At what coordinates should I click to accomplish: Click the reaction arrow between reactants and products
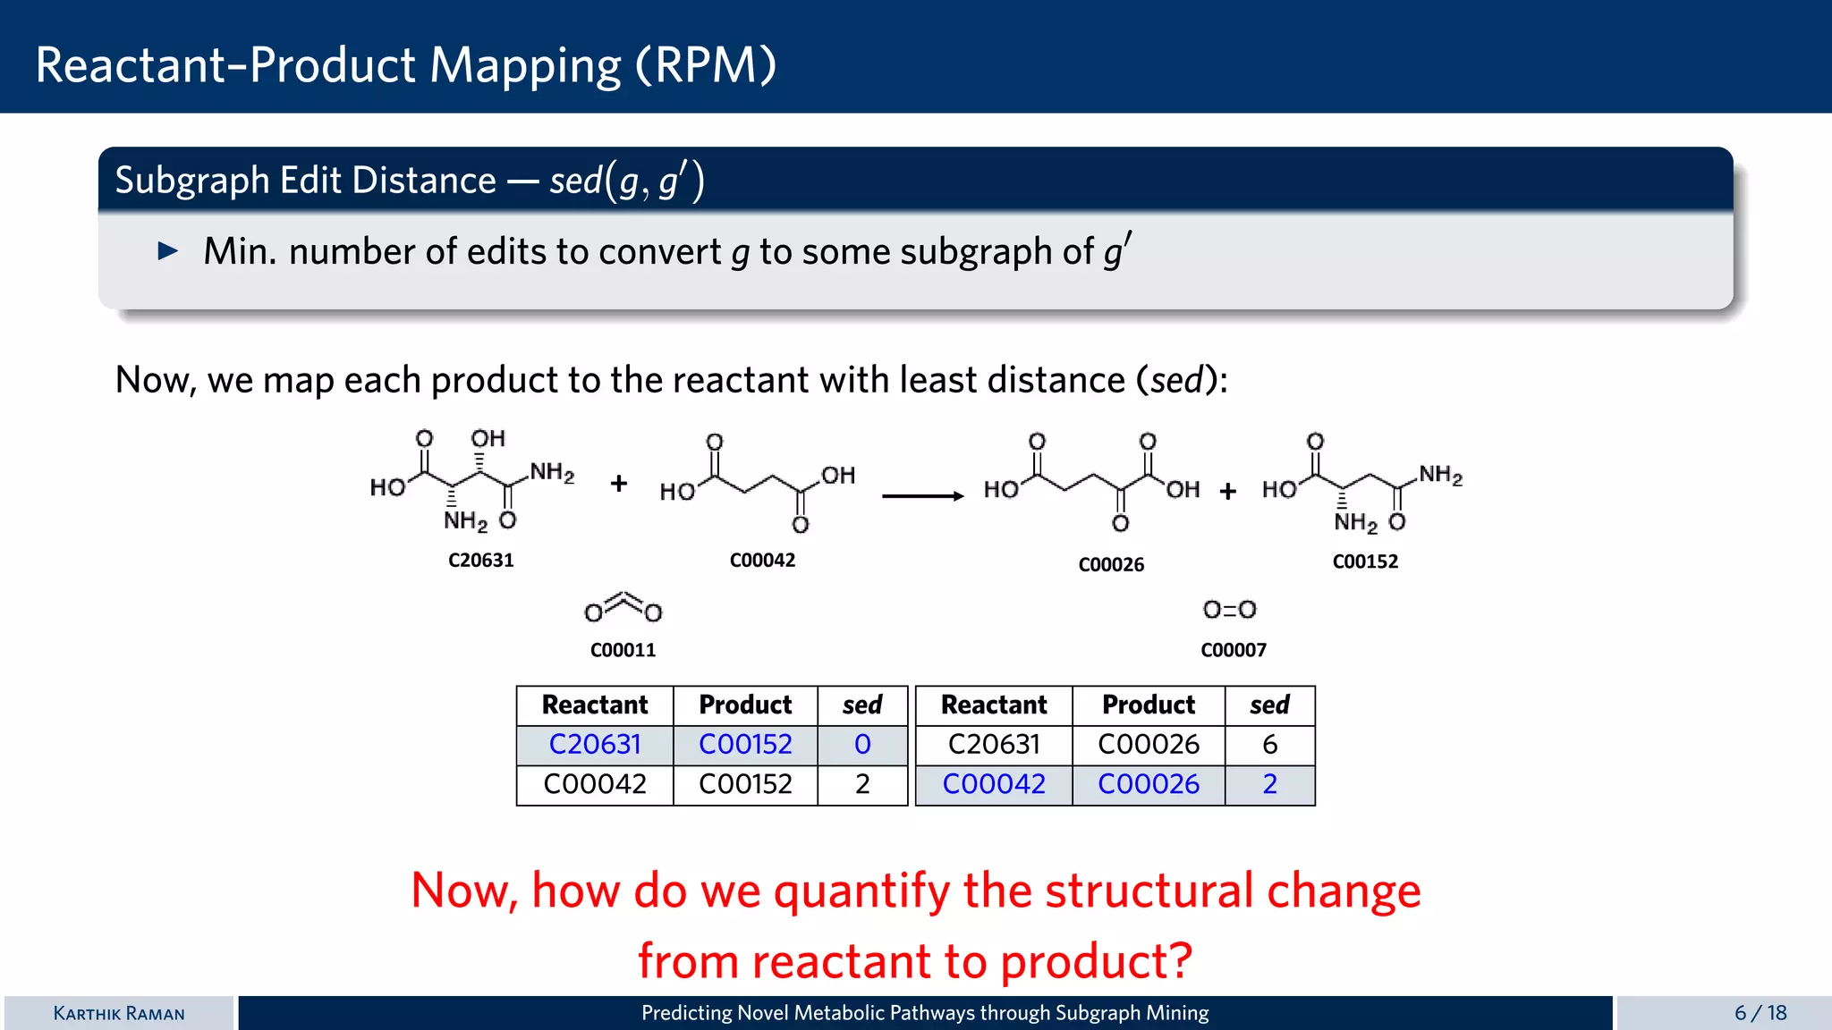click(922, 496)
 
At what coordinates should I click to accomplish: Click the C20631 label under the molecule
click(480, 561)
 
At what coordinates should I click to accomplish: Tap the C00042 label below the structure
click(762, 561)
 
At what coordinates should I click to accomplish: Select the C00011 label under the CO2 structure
click(623, 651)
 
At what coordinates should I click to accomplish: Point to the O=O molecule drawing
click(1229, 610)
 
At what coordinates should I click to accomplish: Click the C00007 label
click(1233, 651)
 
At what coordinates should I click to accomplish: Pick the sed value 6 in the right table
click(1268, 745)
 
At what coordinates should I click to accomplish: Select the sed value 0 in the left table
click(861, 745)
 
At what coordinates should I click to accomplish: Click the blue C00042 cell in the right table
click(993, 784)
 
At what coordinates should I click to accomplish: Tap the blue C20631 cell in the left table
click(594, 745)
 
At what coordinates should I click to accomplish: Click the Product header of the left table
click(744, 705)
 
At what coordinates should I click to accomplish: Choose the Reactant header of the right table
click(993, 705)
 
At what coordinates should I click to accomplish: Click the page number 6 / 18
click(1760, 1013)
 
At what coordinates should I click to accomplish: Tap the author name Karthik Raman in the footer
click(119, 1013)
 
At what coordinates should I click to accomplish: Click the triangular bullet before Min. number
click(167, 251)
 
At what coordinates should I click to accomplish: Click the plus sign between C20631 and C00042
click(618, 484)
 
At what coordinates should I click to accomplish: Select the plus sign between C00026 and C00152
click(1227, 491)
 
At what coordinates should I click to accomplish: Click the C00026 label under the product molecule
click(1110, 565)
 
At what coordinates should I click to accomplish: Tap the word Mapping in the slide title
click(525, 65)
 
